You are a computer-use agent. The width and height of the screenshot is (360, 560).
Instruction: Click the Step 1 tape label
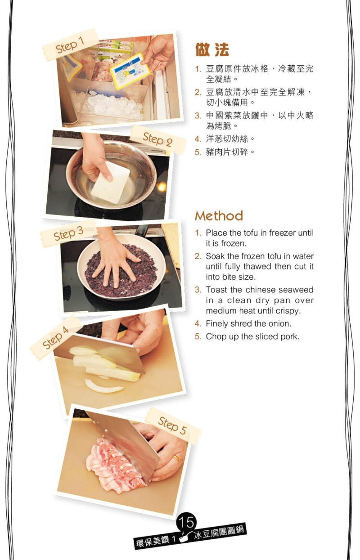(x=70, y=45)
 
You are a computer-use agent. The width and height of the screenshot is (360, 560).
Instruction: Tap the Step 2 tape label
(x=157, y=139)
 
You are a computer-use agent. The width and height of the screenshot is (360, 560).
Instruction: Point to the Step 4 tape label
(x=55, y=337)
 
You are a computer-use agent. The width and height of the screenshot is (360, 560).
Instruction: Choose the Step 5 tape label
(x=173, y=426)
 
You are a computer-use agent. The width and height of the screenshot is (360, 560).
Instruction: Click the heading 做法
(x=212, y=49)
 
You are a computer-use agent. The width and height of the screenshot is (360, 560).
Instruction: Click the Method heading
(x=219, y=216)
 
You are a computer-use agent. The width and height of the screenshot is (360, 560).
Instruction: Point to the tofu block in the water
(x=111, y=182)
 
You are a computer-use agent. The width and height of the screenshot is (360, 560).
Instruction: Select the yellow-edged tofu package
(x=130, y=71)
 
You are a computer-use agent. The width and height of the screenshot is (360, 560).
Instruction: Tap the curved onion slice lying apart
(x=104, y=386)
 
